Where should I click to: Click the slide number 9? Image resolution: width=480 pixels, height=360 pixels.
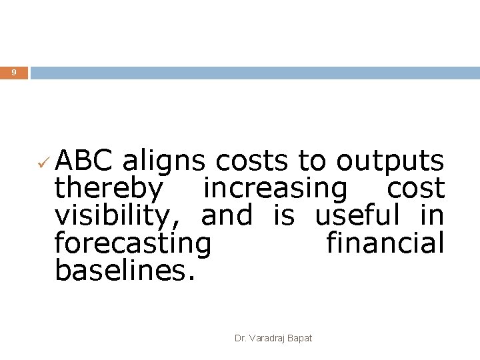(x=13, y=72)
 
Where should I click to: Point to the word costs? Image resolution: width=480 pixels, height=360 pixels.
(x=253, y=161)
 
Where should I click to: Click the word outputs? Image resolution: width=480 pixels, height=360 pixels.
(x=390, y=162)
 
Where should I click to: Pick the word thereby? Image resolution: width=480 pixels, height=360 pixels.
(x=108, y=189)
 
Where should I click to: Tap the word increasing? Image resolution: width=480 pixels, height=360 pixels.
(x=275, y=190)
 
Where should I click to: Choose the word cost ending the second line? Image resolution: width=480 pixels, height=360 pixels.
(x=415, y=189)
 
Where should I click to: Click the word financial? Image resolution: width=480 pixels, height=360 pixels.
(x=385, y=243)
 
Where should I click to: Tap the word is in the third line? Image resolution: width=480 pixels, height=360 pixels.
(x=284, y=215)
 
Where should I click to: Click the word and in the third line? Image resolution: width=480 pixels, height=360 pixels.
(x=227, y=215)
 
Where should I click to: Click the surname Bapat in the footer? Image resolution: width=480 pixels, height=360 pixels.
(x=300, y=339)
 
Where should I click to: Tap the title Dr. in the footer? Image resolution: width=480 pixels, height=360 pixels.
(x=240, y=339)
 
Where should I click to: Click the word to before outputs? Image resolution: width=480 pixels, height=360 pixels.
(x=312, y=161)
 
